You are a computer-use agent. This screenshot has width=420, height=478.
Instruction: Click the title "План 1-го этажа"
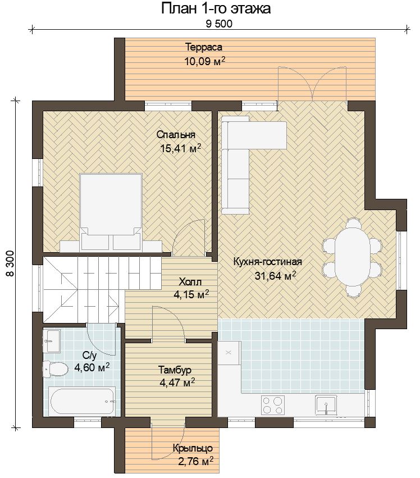pyautogui.click(x=216, y=8)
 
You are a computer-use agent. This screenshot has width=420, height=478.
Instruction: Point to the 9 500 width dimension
pyautogui.click(x=219, y=24)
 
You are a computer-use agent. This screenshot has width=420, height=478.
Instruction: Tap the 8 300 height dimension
pyautogui.click(x=10, y=263)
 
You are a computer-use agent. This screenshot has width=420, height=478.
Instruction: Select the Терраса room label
pyautogui.click(x=204, y=47)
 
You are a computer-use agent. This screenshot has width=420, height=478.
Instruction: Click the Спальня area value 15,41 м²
pyautogui.click(x=180, y=148)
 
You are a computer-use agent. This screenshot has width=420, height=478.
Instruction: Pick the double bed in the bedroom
pyautogui.click(x=111, y=212)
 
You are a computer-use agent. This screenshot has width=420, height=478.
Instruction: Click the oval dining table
pyautogui.click(x=351, y=258)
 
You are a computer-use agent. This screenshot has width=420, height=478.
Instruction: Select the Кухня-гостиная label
pyautogui.click(x=268, y=262)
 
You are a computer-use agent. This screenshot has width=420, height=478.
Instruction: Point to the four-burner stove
pyautogui.click(x=273, y=405)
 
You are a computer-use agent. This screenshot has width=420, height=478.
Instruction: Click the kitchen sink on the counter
pyautogui.click(x=326, y=404)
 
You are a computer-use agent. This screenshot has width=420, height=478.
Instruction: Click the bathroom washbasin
pyautogui.click(x=52, y=340)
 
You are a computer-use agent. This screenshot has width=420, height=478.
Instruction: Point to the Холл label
pyautogui.click(x=190, y=281)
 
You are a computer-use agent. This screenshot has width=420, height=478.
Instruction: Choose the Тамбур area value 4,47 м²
pyautogui.click(x=177, y=382)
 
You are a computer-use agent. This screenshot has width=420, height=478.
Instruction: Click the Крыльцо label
pyautogui.click(x=193, y=448)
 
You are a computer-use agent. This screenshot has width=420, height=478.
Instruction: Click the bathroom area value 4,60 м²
pyautogui.click(x=92, y=367)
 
